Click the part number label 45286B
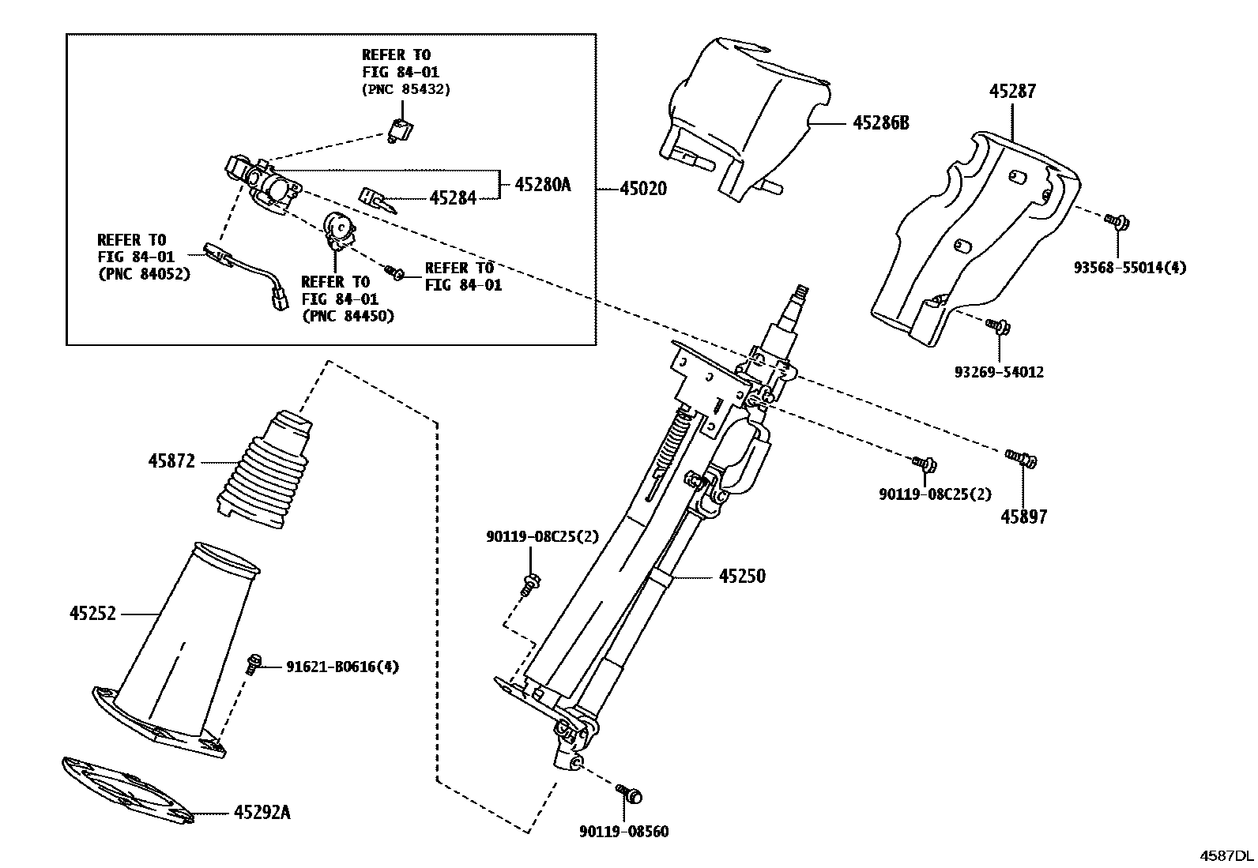tap(880, 123)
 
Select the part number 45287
tap(1012, 91)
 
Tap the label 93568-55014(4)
tap(1130, 268)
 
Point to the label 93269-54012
tap(999, 372)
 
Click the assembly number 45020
tap(643, 189)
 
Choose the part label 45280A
tap(543, 184)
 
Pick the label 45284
tap(453, 197)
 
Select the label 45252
tap(92, 613)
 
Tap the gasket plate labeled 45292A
tap(128, 790)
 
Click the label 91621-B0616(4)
tap(343, 667)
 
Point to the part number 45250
tap(742, 576)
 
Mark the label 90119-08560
tap(624, 832)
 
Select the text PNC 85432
tap(410, 89)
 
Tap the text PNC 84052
tap(149, 274)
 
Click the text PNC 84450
tap(352, 316)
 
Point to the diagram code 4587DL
tap(1227, 855)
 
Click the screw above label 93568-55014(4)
tap(1117, 222)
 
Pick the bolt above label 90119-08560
tap(630, 793)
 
